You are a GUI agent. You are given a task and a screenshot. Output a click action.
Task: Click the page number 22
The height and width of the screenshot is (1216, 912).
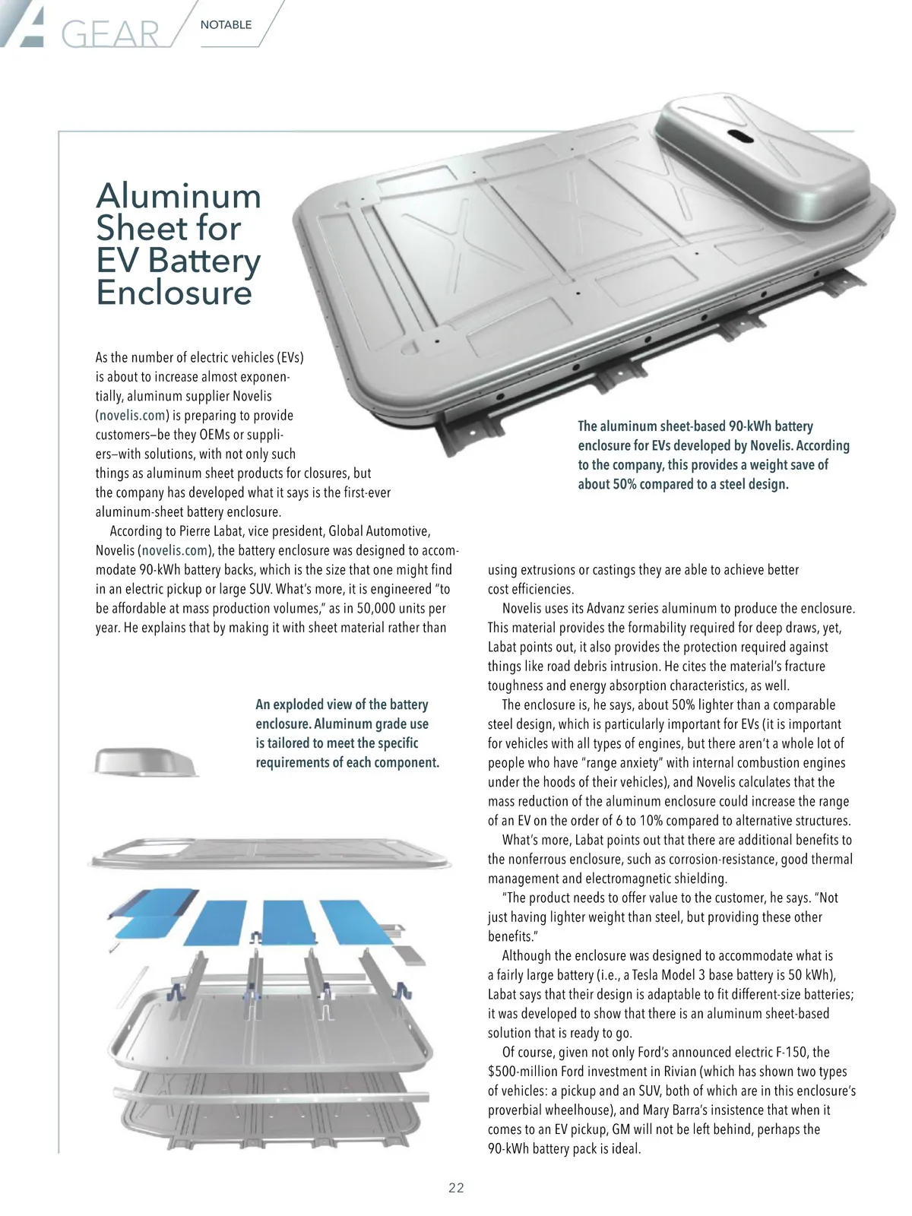coord(456,1188)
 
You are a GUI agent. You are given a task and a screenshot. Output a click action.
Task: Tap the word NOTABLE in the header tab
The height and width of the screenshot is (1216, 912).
coord(226,24)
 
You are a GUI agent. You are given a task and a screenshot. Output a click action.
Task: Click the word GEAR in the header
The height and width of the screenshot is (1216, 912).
coord(110,34)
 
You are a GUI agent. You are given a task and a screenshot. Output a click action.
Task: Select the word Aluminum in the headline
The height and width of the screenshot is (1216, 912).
coord(179,196)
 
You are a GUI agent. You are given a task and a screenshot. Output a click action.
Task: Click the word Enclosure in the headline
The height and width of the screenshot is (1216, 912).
coord(173,293)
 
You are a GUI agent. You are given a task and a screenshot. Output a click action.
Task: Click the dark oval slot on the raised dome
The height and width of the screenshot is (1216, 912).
coord(738,135)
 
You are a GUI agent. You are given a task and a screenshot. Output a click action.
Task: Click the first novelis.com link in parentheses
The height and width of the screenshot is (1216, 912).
coord(133,416)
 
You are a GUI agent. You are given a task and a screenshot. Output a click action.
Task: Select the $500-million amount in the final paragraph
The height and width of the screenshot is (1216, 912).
coord(522,1072)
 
